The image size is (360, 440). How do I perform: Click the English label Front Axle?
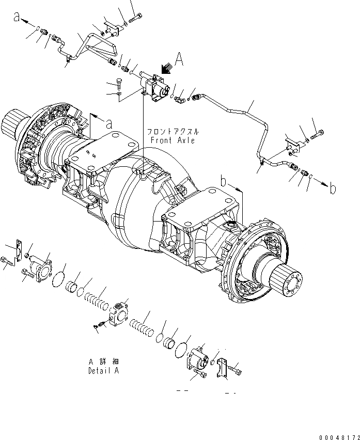[173, 140]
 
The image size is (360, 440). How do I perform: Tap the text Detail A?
[103, 371]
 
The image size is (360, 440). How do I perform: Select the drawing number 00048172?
[338, 436]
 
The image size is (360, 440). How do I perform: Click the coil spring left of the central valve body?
[96, 301]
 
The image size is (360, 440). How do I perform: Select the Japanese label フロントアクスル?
[171, 132]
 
